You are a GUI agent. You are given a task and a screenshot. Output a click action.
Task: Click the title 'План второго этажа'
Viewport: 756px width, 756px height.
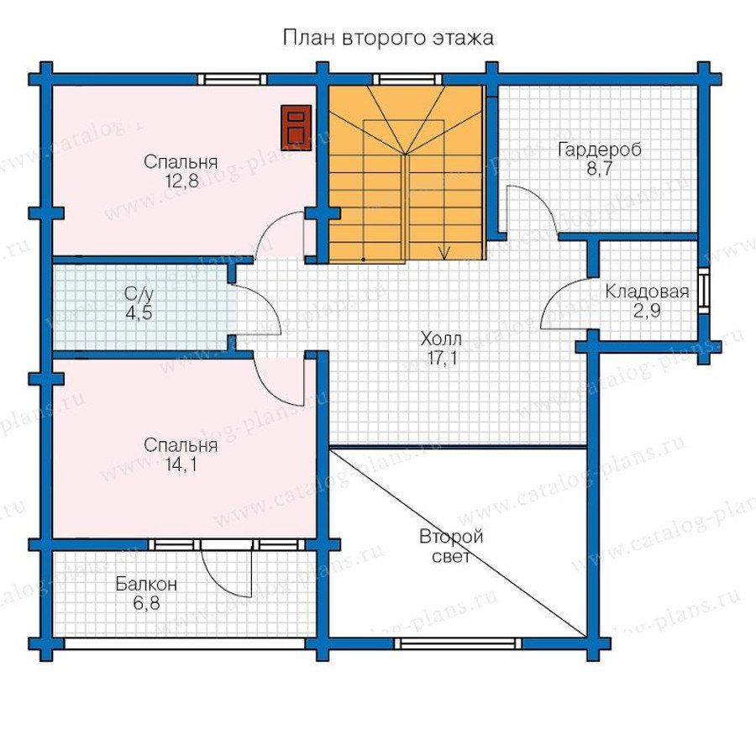[388, 38]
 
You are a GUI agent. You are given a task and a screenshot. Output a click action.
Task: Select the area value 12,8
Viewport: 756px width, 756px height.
[181, 181]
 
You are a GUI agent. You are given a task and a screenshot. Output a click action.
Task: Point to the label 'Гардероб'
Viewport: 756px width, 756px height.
[599, 150]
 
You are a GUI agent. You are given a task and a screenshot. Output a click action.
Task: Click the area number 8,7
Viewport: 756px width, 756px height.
[599, 170]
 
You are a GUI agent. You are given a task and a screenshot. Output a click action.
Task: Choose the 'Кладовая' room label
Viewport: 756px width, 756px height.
[647, 291]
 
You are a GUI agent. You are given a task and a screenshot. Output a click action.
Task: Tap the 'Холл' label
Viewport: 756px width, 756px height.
[441, 339]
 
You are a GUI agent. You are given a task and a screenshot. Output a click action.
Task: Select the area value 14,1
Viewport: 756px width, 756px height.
[181, 465]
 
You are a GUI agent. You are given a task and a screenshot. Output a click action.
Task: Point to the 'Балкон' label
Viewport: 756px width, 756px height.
[146, 584]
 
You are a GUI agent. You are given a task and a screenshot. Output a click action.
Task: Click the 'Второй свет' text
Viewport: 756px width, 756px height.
[451, 546]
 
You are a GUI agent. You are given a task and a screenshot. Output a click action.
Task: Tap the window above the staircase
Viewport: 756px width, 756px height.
[408, 80]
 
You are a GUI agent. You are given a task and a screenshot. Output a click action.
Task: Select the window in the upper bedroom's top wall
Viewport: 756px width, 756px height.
[232, 80]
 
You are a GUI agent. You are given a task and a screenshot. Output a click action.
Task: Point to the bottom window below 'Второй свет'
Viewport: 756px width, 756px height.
[458, 643]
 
